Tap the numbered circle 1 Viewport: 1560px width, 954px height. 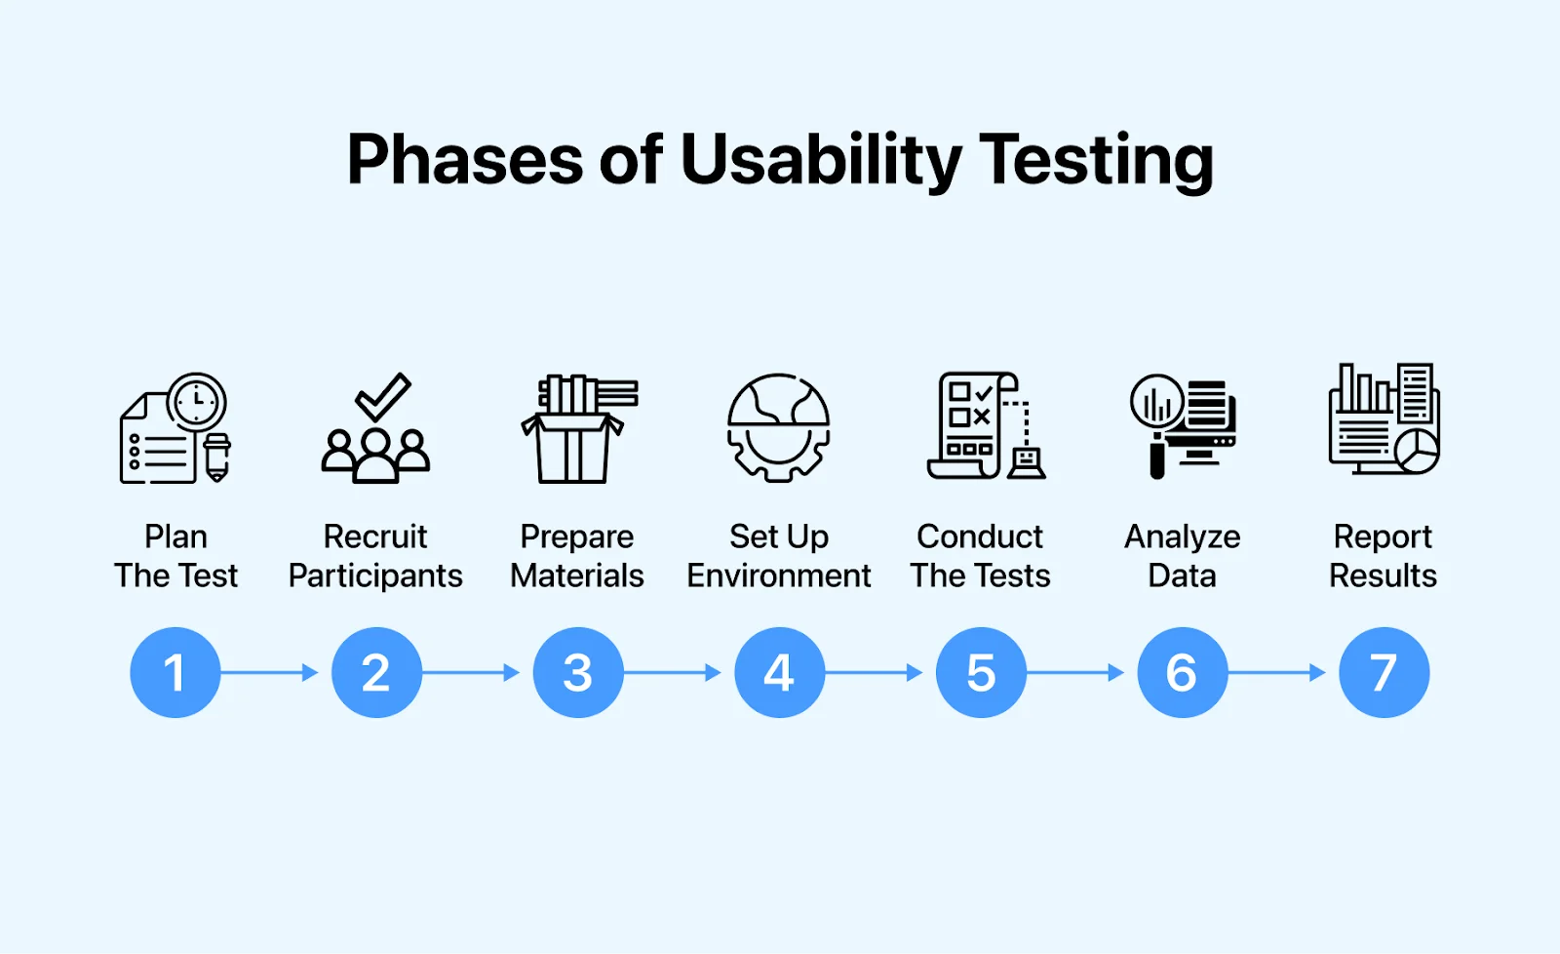pyautogui.click(x=175, y=673)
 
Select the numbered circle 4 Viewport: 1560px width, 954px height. pyautogui.click(x=779, y=673)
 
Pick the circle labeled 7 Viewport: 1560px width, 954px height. pyautogui.click(x=1384, y=673)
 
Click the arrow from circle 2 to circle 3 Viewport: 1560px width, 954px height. pyautogui.click(x=471, y=673)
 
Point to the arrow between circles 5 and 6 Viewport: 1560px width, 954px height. pyautogui.click(x=1075, y=673)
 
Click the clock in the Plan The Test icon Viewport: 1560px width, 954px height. pyautogui.click(x=197, y=401)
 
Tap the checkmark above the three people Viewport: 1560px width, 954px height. pyautogui.click(x=382, y=396)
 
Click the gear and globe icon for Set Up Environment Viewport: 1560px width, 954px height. pyautogui.click(x=778, y=427)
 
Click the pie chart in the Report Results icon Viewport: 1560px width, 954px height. pyautogui.click(x=1417, y=451)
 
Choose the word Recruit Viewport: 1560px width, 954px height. pyautogui.click(x=375, y=537)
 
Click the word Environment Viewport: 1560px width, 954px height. pyautogui.click(x=779, y=576)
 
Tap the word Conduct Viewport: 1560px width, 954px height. pyautogui.click(x=980, y=537)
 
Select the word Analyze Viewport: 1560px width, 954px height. pyautogui.click(x=1182, y=537)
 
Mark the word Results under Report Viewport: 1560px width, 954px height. pyautogui.click(x=1383, y=576)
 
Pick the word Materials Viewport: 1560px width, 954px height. pyautogui.click(x=577, y=576)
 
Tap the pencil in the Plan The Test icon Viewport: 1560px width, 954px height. pyautogui.click(x=217, y=457)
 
